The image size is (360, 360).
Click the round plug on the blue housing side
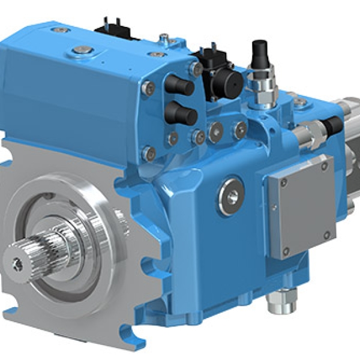coord(231,196)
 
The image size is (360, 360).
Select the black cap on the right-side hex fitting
coord(332,125)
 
